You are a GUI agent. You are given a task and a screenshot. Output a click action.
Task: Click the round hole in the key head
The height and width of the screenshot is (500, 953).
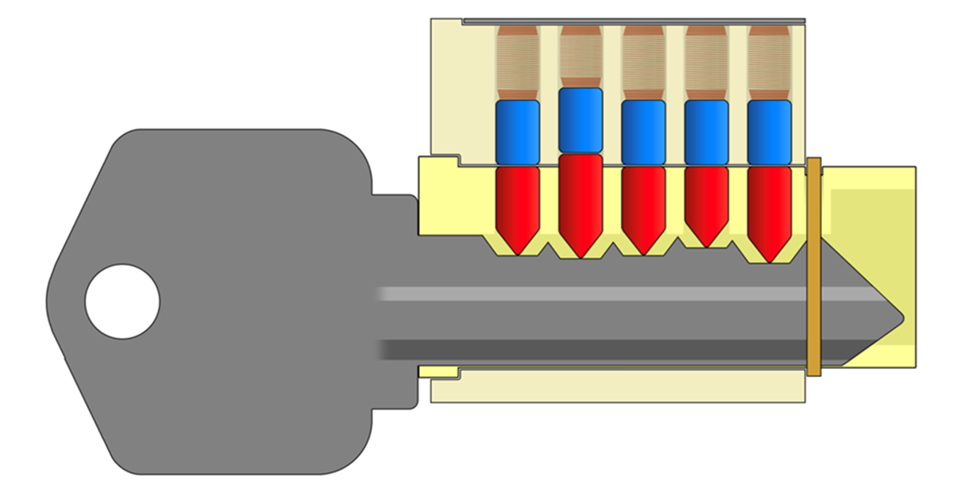tap(122, 302)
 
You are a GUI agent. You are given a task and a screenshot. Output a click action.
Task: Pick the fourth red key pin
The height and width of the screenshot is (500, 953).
tap(705, 202)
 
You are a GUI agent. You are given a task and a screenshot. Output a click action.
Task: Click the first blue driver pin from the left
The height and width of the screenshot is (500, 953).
tap(517, 132)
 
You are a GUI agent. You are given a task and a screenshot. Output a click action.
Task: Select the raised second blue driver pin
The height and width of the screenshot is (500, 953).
tap(580, 120)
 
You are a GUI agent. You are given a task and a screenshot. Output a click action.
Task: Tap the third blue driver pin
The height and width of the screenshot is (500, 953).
tap(642, 132)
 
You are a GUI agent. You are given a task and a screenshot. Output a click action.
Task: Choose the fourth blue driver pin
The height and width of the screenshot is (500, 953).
tap(705, 132)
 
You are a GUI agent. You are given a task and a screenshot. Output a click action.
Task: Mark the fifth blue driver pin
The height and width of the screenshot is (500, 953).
tap(769, 132)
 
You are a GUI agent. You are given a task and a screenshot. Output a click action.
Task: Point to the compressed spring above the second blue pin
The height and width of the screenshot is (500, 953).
tap(580, 56)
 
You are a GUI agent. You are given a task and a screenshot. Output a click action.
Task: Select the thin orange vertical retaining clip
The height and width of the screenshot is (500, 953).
tap(812, 266)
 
